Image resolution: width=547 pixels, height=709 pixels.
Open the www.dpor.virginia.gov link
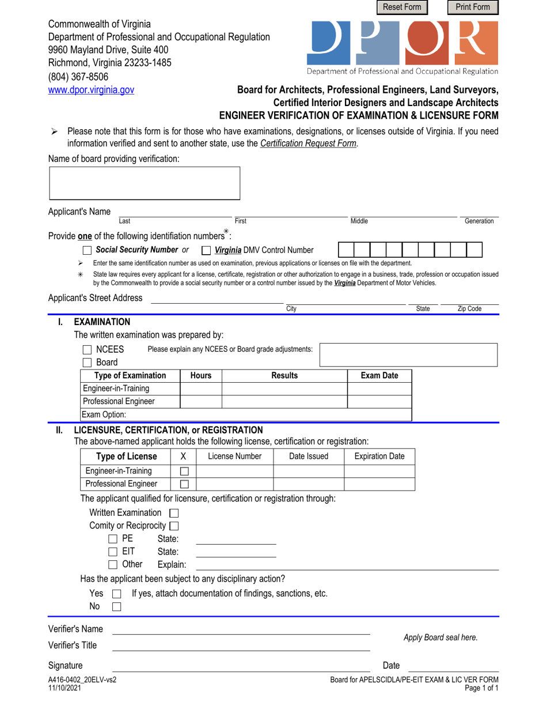[x=91, y=90]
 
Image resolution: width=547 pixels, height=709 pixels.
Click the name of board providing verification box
[x=144, y=184]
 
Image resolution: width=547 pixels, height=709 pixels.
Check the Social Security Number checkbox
[x=87, y=250]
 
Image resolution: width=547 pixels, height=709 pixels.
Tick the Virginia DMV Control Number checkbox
[x=206, y=250]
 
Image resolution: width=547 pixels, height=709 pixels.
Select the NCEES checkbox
[x=88, y=349]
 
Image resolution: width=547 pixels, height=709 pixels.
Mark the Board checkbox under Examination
[x=88, y=363]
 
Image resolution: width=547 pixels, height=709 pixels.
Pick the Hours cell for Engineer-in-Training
[x=201, y=389]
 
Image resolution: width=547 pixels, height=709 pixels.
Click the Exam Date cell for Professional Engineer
[x=379, y=402]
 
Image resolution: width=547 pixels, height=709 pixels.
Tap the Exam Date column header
[x=379, y=376]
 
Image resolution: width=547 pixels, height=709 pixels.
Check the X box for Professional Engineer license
[x=185, y=484]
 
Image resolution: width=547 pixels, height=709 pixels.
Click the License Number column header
[x=234, y=457]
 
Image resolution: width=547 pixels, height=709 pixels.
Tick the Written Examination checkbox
[x=174, y=513]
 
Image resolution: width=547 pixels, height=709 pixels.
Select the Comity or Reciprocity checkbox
[x=174, y=526]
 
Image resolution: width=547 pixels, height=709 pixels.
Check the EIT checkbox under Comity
[x=113, y=552]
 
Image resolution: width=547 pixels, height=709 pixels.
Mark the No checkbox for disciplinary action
[x=116, y=607]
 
